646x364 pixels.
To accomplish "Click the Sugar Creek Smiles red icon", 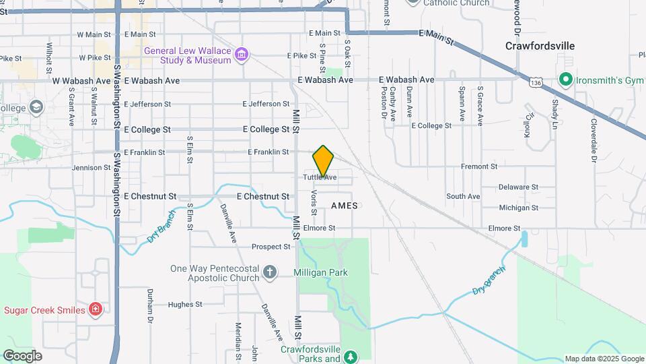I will tap(96, 309).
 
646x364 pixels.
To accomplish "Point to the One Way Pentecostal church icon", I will tap(269, 272).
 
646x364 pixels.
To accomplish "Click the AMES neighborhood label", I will tap(344, 205).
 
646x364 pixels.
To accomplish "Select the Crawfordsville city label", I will tap(540, 46).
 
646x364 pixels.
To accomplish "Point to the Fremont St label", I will tap(478, 166).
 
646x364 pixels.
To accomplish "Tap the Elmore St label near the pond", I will tap(505, 229).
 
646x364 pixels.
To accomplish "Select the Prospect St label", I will tap(271, 247).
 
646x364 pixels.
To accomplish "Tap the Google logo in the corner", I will tap(22, 355).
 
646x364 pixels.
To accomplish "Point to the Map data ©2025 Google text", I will tap(604, 359).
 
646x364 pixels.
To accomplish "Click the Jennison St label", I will tap(91, 168).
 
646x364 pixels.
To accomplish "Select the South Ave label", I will tap(464, 196).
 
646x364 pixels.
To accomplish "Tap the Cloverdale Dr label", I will tap(594, 140).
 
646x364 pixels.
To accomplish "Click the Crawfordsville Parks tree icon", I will tap(349, 355).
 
